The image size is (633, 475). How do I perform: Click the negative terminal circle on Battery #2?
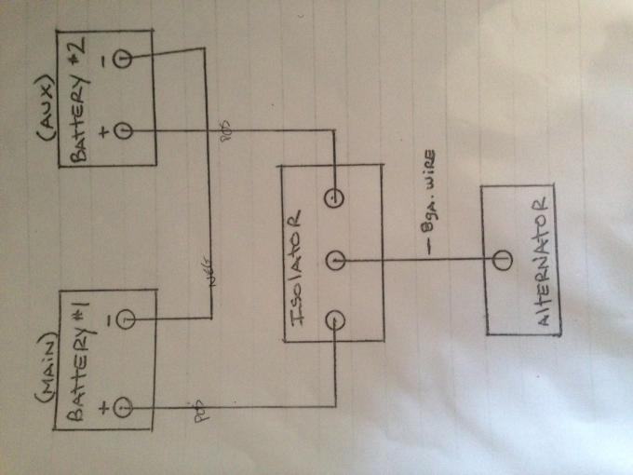pos(120,61)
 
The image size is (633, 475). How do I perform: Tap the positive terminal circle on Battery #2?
pos(121,130)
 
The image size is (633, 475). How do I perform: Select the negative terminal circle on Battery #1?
pos(123,321)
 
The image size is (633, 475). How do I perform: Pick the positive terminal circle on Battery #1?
pos(121,407)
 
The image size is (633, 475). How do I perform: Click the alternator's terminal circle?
pos(503,258)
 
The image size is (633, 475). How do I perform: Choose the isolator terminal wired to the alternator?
pos(335,258)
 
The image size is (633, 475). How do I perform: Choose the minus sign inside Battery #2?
pos(101,61)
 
